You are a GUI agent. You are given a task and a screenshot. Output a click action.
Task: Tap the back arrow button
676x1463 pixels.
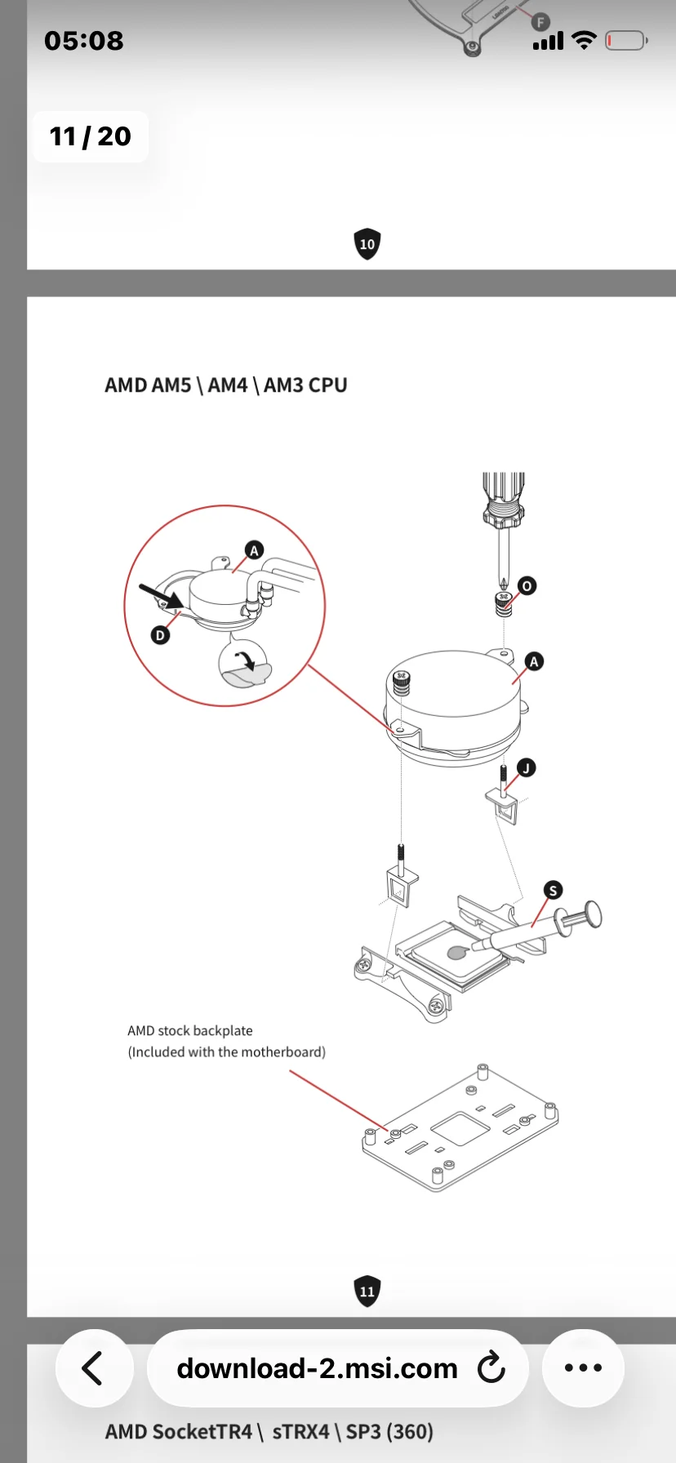[x=93, y=1368]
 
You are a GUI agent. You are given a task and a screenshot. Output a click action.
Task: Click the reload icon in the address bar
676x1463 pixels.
[x=491, y=1367]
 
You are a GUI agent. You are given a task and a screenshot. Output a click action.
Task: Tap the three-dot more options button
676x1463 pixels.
[x=583, y=1368]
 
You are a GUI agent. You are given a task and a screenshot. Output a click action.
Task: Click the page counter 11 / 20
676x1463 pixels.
[x=90, y=136]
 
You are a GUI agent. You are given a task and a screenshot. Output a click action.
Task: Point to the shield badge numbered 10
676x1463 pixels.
[x=367, y=244]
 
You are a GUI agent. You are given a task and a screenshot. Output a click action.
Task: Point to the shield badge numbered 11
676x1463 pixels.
[x=367, y=1291]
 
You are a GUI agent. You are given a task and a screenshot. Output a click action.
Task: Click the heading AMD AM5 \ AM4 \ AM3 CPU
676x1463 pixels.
[x=226, y=385]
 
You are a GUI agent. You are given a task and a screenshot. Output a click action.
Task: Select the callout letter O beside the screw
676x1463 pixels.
[x=527, y=586]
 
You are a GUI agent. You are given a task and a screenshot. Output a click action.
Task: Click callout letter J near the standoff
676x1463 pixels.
[x=527, y=767]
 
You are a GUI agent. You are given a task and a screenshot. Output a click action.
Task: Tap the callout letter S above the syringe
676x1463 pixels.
[x=553, y=890]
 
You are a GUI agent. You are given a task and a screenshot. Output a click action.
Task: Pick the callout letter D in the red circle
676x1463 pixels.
[x=160, y=635]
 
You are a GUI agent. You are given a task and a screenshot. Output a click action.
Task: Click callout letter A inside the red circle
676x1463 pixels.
[x=254, y=550]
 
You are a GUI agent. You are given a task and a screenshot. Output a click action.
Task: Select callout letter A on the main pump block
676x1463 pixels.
[x=534, y=661]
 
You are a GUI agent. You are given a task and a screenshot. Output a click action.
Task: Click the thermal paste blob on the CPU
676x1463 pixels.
[x=458, y=952]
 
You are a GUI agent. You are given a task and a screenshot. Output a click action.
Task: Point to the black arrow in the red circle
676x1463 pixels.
[x=162, y=596]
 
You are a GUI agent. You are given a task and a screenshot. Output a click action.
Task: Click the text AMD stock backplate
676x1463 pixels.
[x=190, y=1031]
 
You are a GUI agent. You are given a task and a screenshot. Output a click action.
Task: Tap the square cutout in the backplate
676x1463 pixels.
[x=460, y=1128]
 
